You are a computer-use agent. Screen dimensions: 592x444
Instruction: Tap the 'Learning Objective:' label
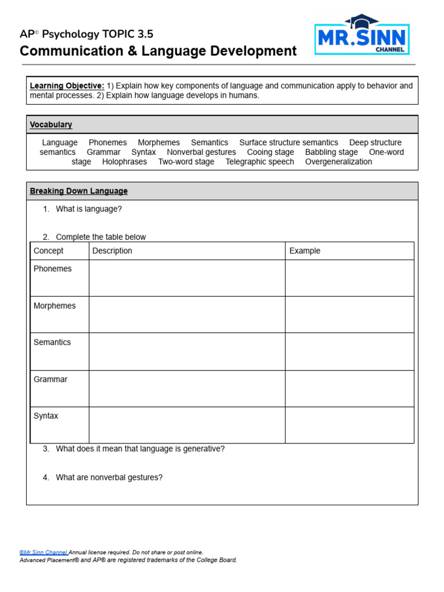(x=67, y=86)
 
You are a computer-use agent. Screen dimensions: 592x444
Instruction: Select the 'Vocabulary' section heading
(x=51, y=125)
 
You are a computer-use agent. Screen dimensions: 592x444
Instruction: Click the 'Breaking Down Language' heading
(x=79, y=191)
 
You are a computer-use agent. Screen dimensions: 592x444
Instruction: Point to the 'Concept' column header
(x=49, y=251)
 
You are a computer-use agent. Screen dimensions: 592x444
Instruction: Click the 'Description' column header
(x=112, y=251)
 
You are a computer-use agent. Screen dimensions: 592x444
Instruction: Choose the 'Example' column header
(x=305, y=251)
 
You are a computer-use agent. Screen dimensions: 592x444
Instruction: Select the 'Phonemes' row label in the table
(x=53, y=269)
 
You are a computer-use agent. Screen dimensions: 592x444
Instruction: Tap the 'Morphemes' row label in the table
(x=54, y=306)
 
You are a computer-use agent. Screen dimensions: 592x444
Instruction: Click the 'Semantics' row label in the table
(x=52, y=342)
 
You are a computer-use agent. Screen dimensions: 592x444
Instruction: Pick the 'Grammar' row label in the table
(x=50, y=379)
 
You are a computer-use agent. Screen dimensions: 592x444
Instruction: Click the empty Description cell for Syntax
(x=187, y=425)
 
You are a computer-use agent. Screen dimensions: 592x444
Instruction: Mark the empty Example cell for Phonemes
(x=349, y=278)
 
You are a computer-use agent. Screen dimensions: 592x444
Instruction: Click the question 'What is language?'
(x=89, y=209)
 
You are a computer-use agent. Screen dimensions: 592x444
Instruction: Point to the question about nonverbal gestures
(x=109, y=478)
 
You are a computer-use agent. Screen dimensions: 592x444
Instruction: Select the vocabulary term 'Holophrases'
(x=124, y=162)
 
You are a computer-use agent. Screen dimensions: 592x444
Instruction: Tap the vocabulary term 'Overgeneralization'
(x=338, y=162)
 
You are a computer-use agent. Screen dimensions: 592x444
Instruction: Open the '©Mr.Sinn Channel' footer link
(x=43, y=553)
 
